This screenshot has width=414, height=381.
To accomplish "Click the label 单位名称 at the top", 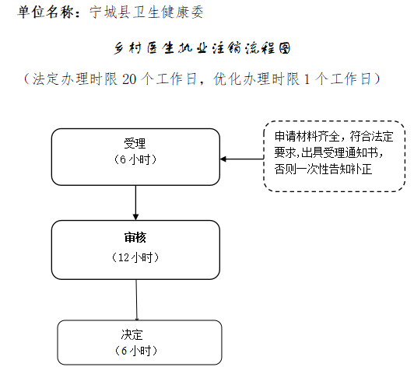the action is pyautogui.click(x=45, y=12).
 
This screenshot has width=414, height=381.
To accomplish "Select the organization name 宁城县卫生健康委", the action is pyautogui.click(x=146, y=12).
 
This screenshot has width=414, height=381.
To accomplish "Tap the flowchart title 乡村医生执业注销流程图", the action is pyautogui.click(x=202, y=48).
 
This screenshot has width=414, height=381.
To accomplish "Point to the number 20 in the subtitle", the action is pyautogui.click(x=129, y=79).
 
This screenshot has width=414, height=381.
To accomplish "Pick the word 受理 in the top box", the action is pyautogui.click(x=135, y=144).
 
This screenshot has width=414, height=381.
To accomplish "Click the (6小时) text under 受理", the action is pyautogui.click(x=135, y=159).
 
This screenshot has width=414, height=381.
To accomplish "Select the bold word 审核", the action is pyautogui.click(x=135, y=238).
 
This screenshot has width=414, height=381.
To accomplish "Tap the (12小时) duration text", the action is pyautogui.click(x=135, y=257).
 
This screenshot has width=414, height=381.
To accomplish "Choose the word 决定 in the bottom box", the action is pyautogui.click(x=132, y=334).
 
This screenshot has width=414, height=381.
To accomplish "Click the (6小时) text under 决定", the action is pyautogui.click(x=135, y=351).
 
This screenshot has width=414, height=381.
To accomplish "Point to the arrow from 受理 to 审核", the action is pyautogui.click(x=135, y=203).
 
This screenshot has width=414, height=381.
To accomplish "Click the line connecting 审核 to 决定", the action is pyautogui.click(x=136, y=299).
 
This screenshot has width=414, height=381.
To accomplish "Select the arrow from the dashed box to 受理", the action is pyautogui.click(x=242, y=159).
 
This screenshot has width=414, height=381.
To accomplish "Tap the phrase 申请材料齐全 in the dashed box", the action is pyautogui.click(x=307, y=136).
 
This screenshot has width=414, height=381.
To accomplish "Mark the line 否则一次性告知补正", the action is pyautogui.click(x=324, y=169).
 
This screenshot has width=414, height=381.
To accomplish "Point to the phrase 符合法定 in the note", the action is pyautogui.click(x=372, y=136).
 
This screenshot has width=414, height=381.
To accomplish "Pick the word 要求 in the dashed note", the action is pyautogui.click(x=285, y=152).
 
